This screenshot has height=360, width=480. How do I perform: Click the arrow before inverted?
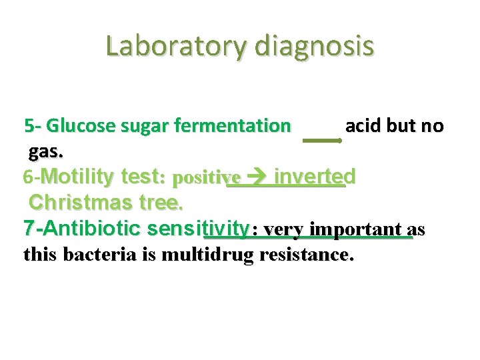point(257,177)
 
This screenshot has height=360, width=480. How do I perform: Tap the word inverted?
point(315,177)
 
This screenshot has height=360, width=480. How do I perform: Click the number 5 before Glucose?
point(29,125)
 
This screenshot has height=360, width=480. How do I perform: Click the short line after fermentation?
point(322,140)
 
